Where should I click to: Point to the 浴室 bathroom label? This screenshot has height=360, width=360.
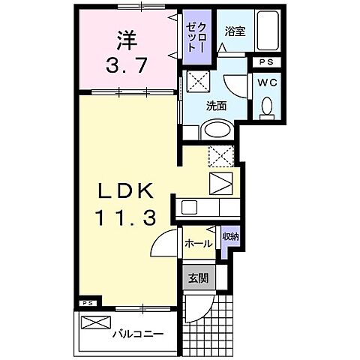coord(235,31)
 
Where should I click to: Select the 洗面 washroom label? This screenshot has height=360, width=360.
coord(217,106)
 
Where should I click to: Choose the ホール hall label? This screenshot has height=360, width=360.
coord(198,244)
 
